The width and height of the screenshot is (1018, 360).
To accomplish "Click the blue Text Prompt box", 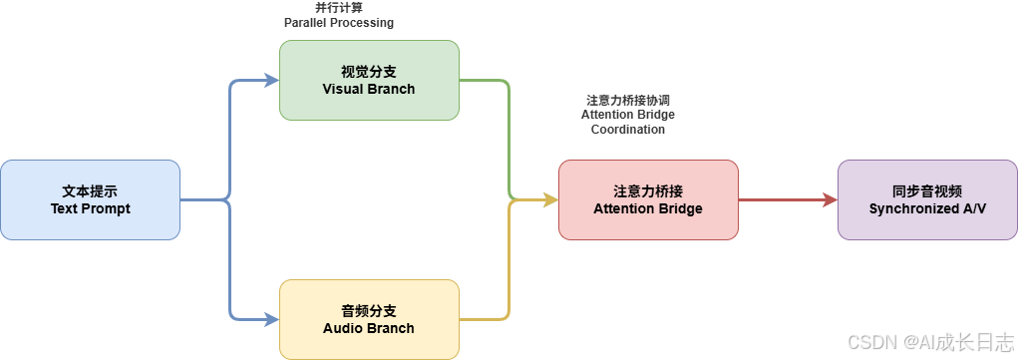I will pos(90,199).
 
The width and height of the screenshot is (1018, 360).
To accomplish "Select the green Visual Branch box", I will pos(369,80).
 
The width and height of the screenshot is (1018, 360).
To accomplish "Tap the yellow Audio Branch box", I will pos(369,319).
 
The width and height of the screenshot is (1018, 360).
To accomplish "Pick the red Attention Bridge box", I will pos(648,199).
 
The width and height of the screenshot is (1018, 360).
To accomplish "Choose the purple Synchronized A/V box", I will pos(927,199).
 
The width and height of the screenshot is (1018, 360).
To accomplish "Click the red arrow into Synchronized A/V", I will pos(788,199).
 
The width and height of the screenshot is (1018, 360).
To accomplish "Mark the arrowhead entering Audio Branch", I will pos(272,319).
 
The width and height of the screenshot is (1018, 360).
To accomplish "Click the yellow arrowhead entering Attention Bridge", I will pos(550,199).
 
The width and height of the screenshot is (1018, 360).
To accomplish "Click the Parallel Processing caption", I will pos(339,22).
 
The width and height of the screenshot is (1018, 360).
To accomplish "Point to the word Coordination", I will pos(627,130).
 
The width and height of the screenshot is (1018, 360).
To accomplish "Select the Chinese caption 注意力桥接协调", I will pos(627,101).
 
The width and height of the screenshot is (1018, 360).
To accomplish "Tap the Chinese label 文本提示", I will pos(90,190).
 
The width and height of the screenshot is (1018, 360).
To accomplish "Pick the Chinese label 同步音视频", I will pos(927,190).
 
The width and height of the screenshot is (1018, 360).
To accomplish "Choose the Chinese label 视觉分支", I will pos(369,72).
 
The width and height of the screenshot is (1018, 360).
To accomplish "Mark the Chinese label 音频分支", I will pos(369,311).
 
